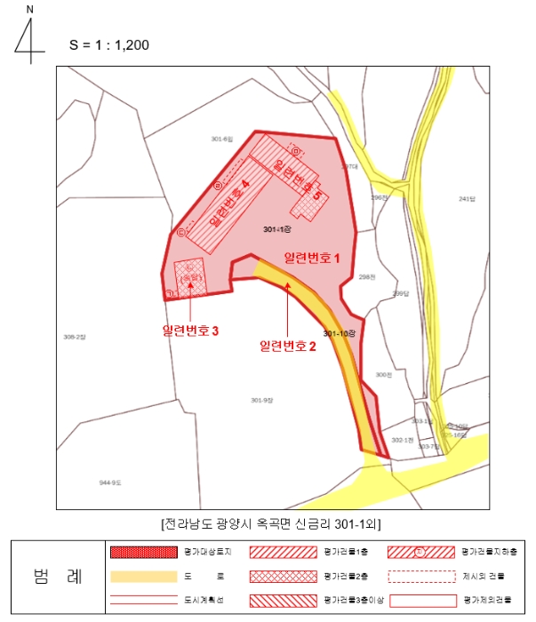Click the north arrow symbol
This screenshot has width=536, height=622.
(x=29, y=36)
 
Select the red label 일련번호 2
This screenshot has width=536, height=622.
(x=288, y=346)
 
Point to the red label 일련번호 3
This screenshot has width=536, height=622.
(x=191, y=330)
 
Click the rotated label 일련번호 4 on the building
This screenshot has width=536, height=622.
(x=228, y=204)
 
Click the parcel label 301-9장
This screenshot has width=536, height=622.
(x=260, y=400)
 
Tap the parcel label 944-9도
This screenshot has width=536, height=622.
(x=110, y=482)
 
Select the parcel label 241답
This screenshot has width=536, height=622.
(x=468, y=198)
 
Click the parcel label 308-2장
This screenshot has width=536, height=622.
(x=76, y=337)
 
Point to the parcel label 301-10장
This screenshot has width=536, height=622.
(x=340, y=333)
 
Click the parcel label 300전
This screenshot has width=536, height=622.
(x=383, y=375)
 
